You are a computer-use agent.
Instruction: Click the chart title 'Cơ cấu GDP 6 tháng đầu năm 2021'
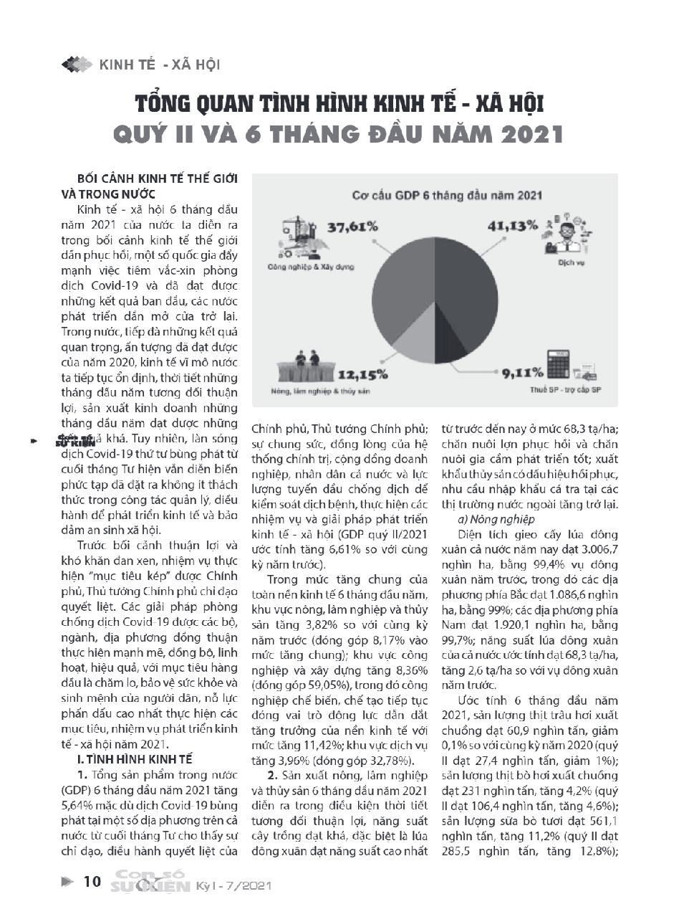tap(447, 194)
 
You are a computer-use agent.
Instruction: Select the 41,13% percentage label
tap(512, 225)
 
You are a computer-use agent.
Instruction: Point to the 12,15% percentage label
tap(363, 374)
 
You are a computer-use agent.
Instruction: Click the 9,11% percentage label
tap(520, 372)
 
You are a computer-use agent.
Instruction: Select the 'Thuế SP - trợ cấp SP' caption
tap(565, 389)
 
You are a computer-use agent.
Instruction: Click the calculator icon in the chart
tap(562, 364)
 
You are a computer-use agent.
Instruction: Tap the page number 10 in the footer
tap(92, 881)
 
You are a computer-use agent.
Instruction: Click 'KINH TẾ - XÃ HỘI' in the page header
tap(159, 65)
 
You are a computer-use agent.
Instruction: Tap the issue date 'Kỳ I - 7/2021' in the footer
tap(234, 886)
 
